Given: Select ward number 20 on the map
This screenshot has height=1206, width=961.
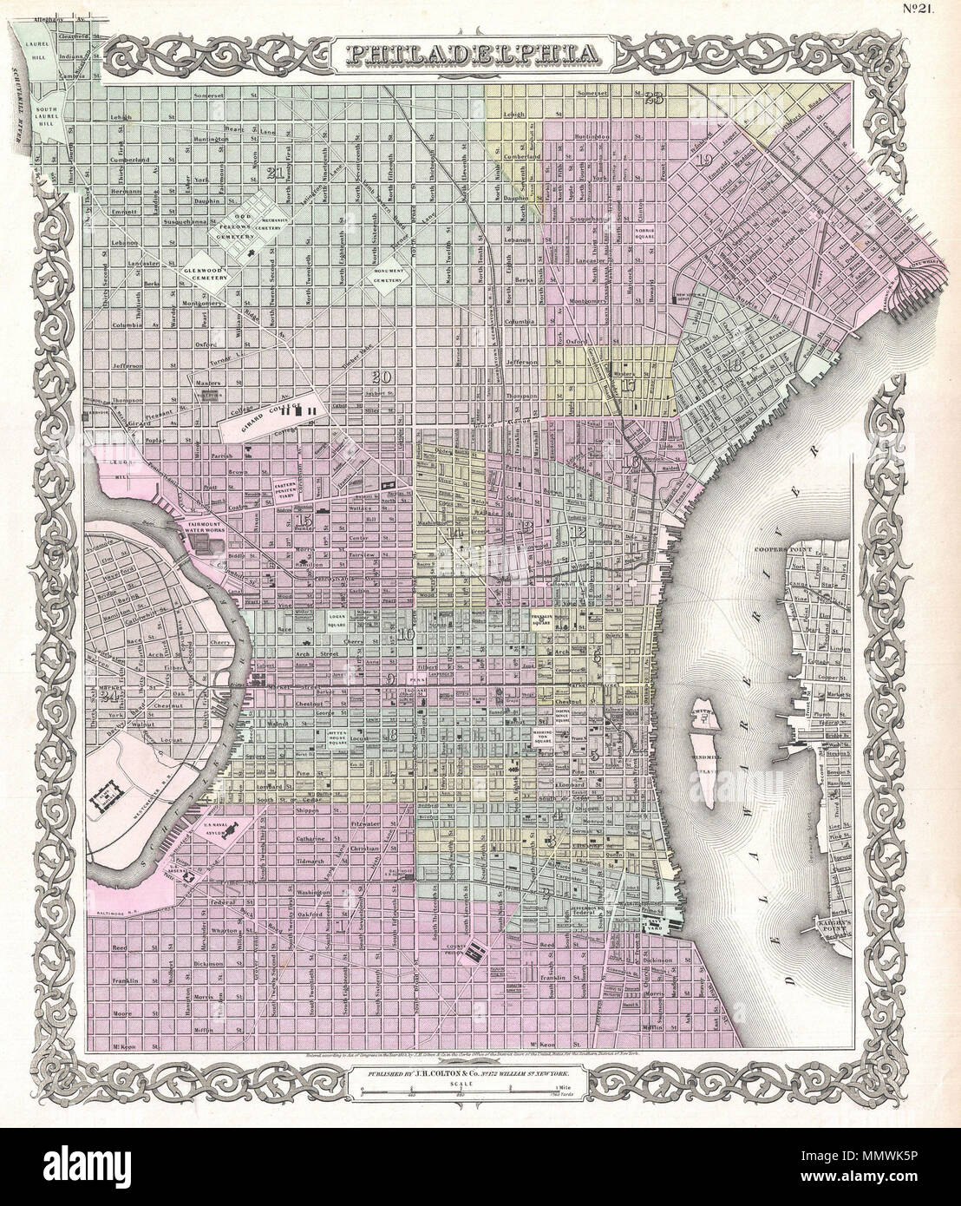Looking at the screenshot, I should [x=379, y=377].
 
